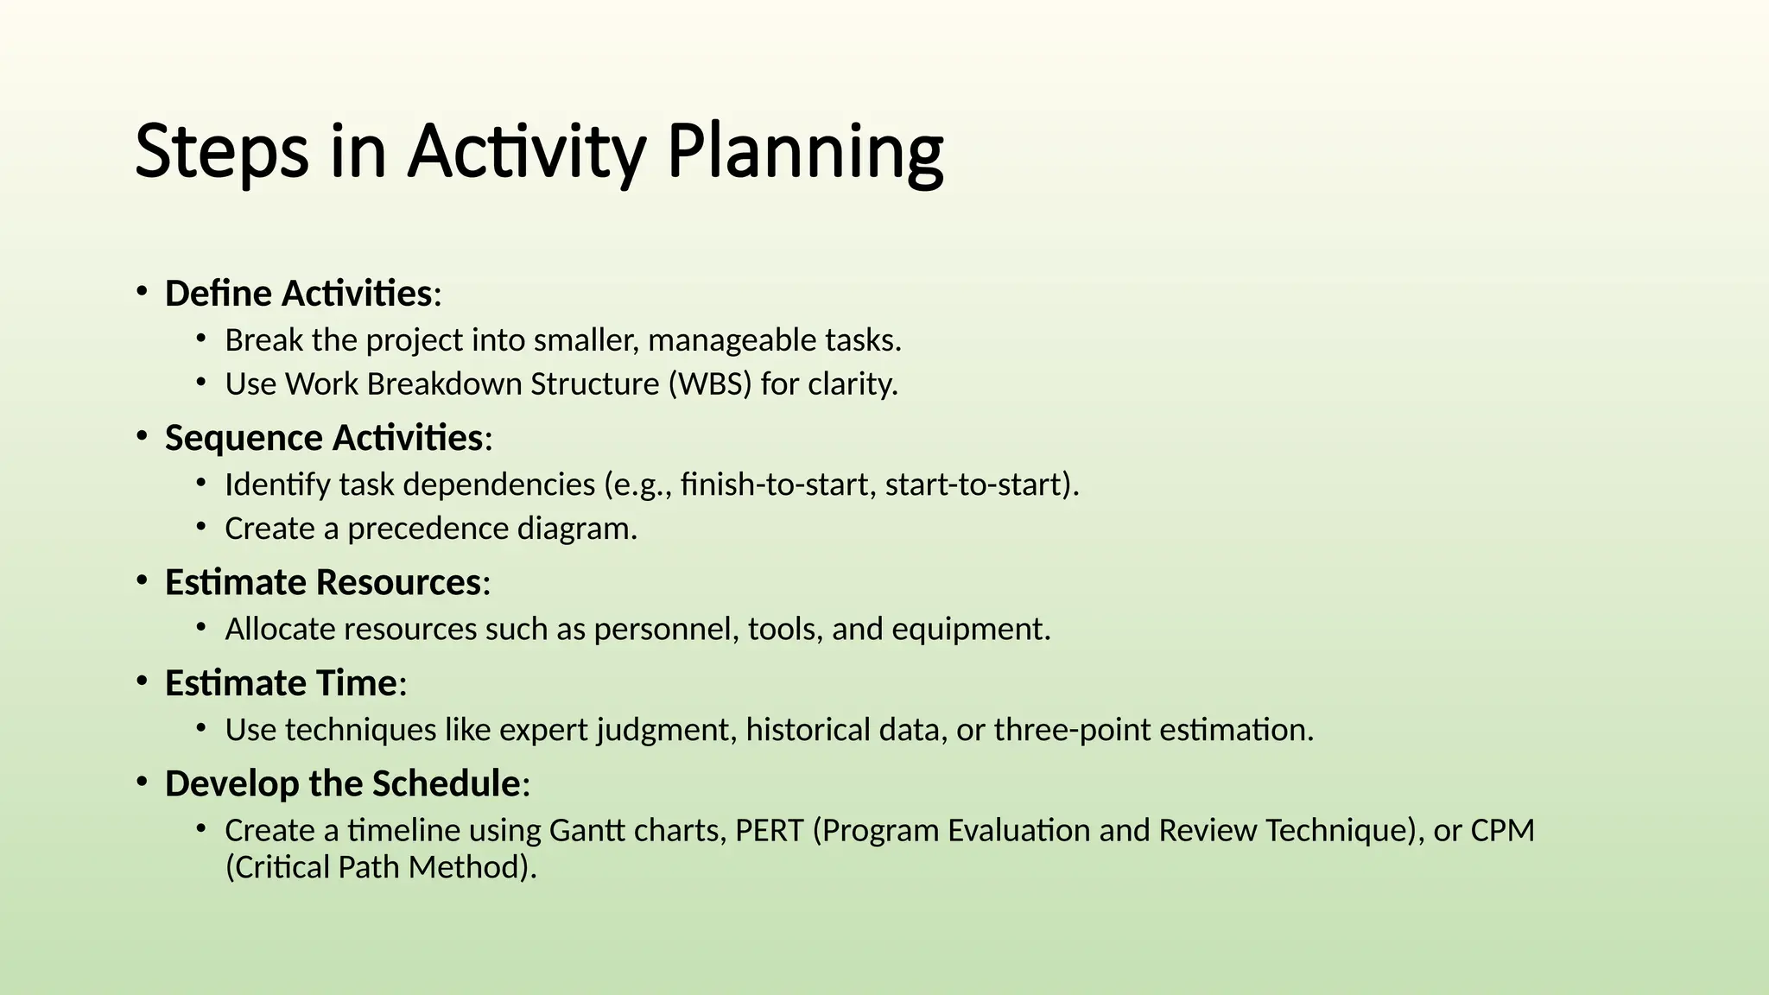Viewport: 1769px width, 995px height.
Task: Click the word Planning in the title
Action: [805, 153]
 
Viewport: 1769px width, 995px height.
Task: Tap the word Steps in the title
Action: [222, 153]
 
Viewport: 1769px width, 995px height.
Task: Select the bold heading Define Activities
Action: [299, 294]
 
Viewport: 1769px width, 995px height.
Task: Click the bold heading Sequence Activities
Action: [324, 438]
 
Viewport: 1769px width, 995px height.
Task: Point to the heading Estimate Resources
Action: [323, 582]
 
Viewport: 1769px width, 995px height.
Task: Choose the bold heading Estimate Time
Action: [281, 683]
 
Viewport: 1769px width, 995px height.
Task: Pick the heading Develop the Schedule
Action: [343, 784]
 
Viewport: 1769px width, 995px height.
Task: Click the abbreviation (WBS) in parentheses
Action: [710, 384]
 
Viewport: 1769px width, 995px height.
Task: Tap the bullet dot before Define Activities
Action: [141, 292]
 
